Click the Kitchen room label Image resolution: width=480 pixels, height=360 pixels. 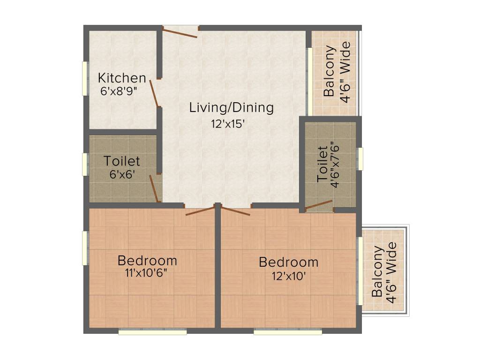pyautogui.click(x=122, y=78)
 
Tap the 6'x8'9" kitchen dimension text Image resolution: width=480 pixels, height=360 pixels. pyautogui.click(x=119, y=91)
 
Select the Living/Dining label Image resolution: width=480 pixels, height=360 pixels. pyautogui.click(x=232, y=108)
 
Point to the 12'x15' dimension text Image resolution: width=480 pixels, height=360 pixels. pyautogui.click(x=228, y=124)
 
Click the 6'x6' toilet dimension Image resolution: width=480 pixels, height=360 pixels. pyautogui.click(x=122, y=174)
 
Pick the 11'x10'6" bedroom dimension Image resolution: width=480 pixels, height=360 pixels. pyautogui.click(x=146, y=272)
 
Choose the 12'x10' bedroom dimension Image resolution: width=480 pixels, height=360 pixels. pyautogui.click(x=289, y=276)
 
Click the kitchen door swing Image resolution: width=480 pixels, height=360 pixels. pyautogui.click(x=155, y=93)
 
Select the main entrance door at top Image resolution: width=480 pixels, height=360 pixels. pyautogui.click(x=180, y=32)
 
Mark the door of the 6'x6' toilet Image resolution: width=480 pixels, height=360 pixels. pyautogui.click(x=155, y=188)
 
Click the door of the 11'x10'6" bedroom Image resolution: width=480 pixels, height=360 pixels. pyautogui.click(x=200, y=211)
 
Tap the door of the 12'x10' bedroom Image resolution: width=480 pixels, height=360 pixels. pyautogui.click(x=235, y=211)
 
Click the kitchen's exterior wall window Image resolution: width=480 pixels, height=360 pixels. pyautogui.click(x=85, y=79)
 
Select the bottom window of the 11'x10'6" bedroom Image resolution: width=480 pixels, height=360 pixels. pyautogui.click(x=152, y=331)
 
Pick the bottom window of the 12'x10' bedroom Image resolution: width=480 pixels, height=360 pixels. pyautogui.click(x=288, y=331)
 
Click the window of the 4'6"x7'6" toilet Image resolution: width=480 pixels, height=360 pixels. pyautogui.click(x=360, y=158)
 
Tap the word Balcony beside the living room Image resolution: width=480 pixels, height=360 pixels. pyautogui.click(x=329, y=71)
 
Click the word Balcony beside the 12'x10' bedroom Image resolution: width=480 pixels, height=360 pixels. pyautogui.click(x=377, y=271)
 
